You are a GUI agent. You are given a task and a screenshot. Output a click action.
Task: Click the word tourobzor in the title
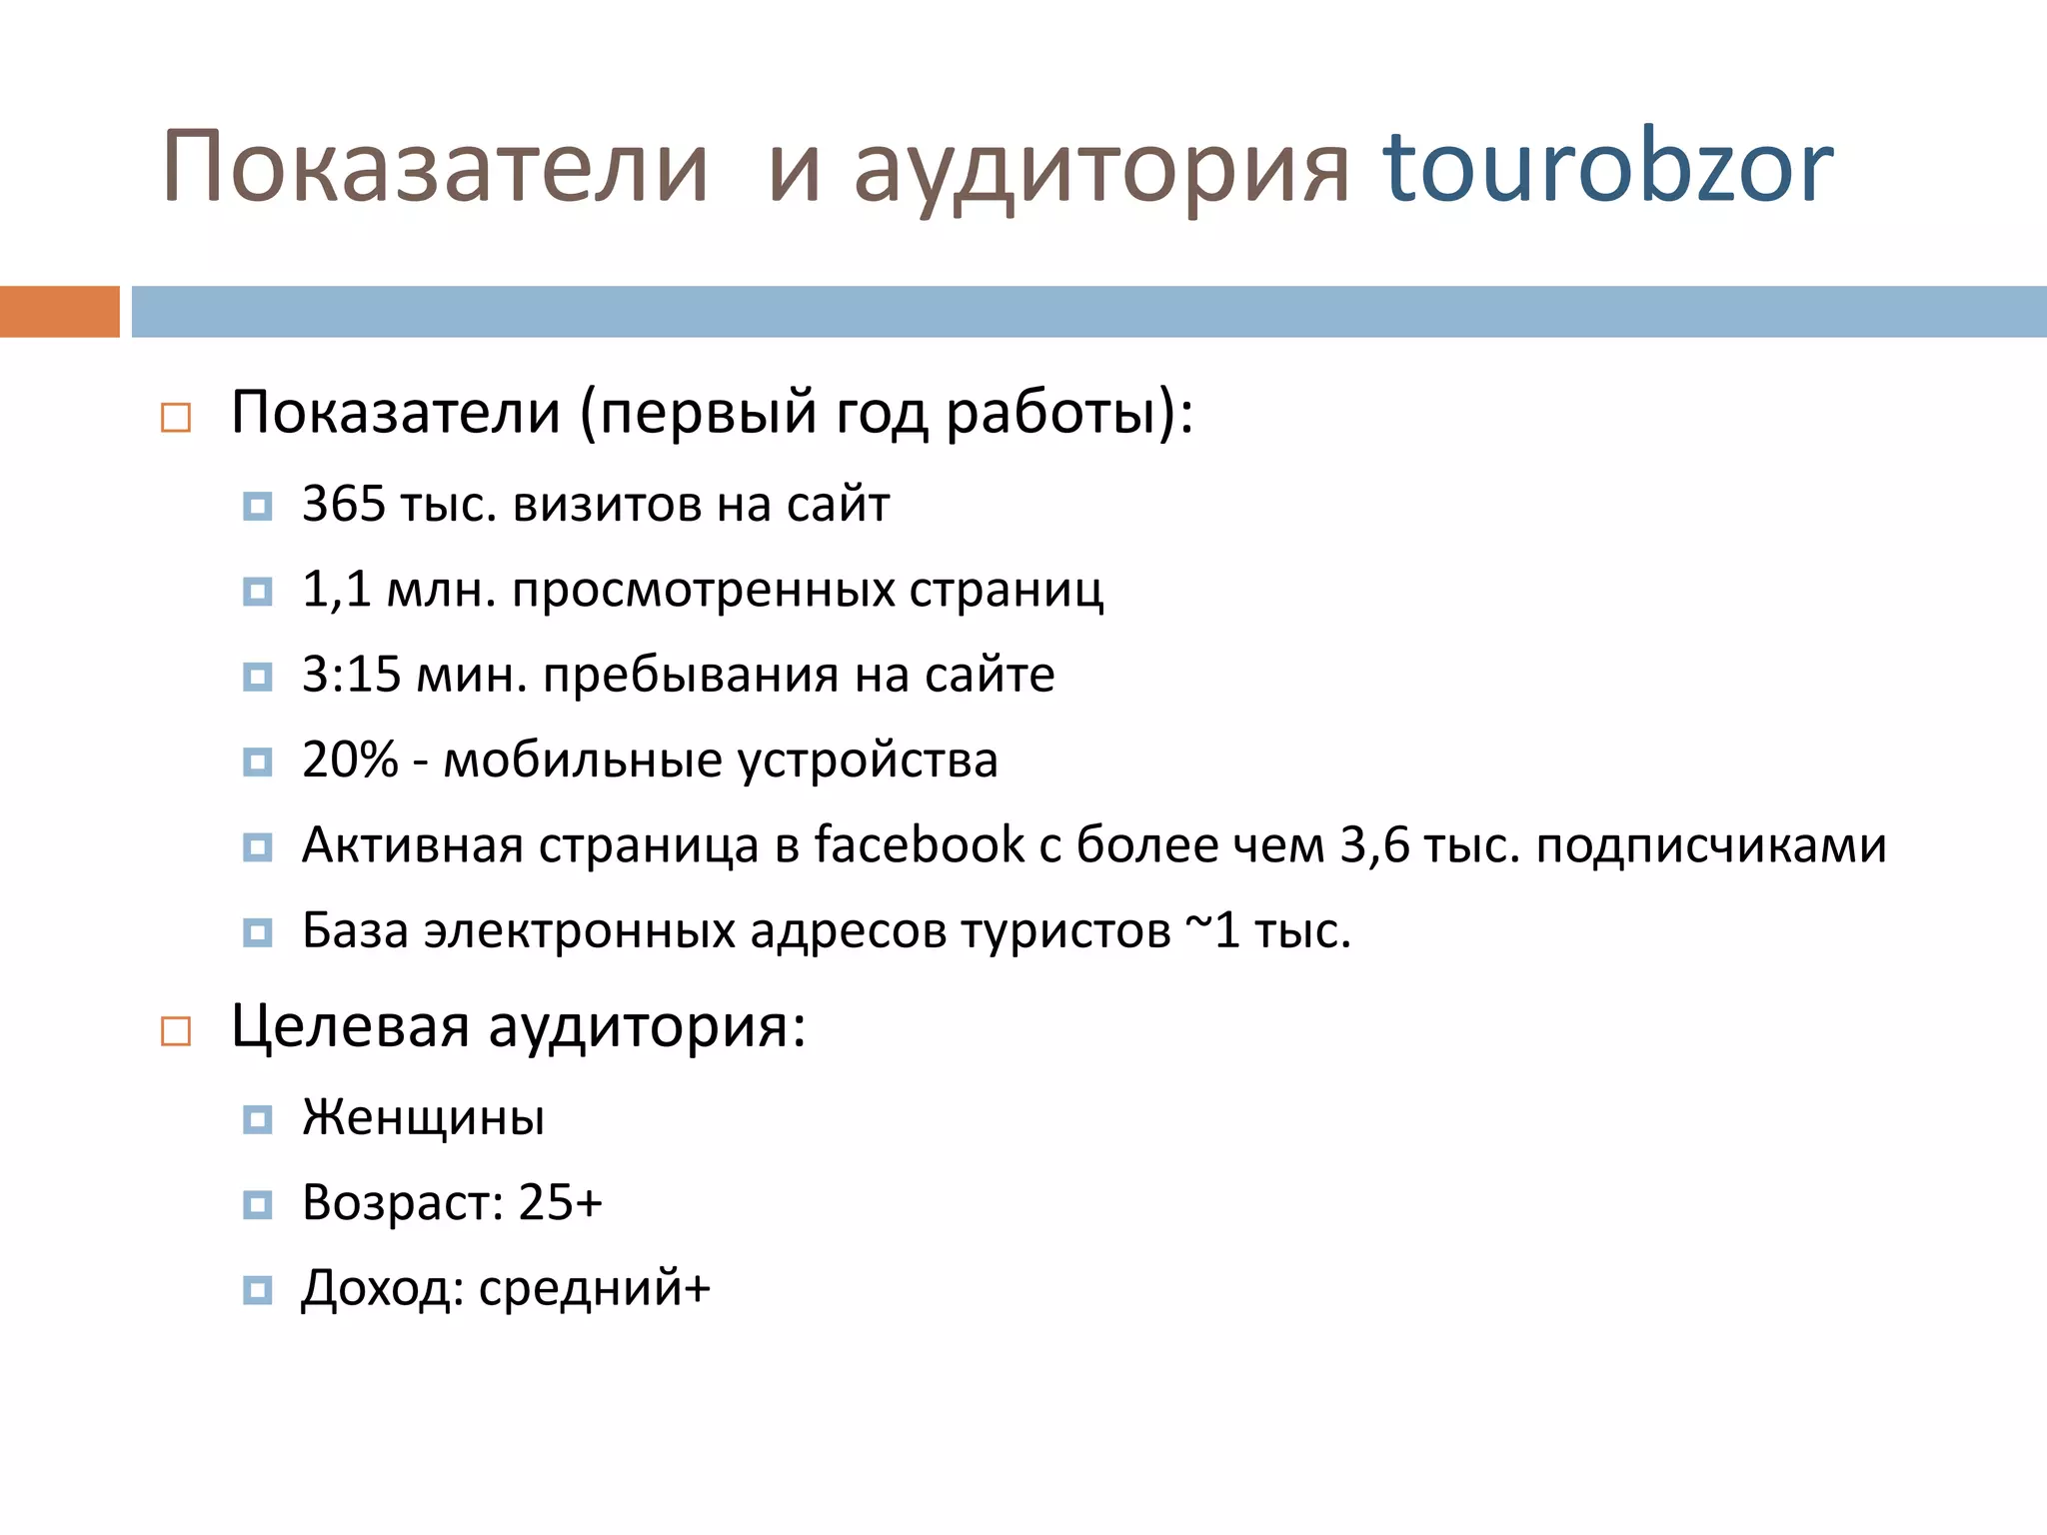click(1607, 168)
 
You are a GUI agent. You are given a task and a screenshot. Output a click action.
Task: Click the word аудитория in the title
click(1101, 170)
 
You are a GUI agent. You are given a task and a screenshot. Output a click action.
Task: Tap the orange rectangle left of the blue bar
click(59, 312)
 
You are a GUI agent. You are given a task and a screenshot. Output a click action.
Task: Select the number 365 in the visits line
click(344, 504)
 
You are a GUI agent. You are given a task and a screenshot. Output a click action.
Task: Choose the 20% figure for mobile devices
click(350, 761)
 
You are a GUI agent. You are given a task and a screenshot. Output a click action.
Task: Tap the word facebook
click(919, 845)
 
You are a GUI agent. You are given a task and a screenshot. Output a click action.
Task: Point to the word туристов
click(1065, 931)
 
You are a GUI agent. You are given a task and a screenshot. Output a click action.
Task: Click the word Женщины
click(424, 1117)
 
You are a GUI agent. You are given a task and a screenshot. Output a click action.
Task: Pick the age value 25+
click(561, 1202)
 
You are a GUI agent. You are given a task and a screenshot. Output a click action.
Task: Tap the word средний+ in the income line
click(595, 1288)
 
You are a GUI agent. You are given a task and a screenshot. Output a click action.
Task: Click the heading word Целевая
click(350, 1027)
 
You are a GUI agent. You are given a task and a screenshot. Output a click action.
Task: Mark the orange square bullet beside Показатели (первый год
click(176, 417)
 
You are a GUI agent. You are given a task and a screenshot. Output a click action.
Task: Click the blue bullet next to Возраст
click(257, 1204)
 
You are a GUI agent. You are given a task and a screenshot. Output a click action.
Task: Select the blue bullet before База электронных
click(257, 932)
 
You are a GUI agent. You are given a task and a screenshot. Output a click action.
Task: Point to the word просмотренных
click(704, 590)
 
